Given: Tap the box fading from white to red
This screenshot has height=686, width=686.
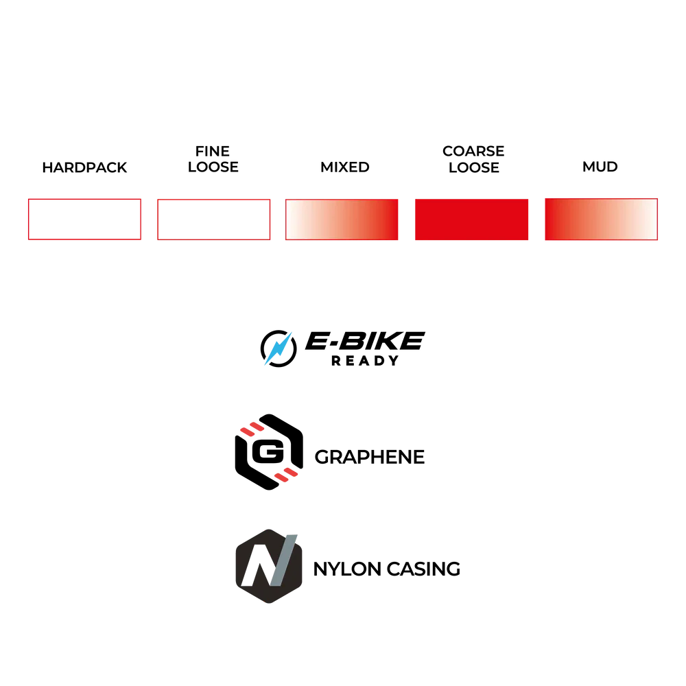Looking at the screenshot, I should click(342, 220).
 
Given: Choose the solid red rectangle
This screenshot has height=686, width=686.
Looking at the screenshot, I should click(472, 220).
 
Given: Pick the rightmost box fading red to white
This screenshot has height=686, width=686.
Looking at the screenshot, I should click(601, 220).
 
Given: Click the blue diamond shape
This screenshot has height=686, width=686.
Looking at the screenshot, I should click(278, 348).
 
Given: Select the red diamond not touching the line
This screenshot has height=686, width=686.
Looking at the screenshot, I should click(252, 429).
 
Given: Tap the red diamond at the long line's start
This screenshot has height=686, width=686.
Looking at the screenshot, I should click(286, 475).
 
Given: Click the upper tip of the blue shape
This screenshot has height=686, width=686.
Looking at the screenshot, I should click(294, 331).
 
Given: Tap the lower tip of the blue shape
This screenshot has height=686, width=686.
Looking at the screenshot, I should click(261, 365).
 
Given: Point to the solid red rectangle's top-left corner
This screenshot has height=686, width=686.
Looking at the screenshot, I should click(414, 200).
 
